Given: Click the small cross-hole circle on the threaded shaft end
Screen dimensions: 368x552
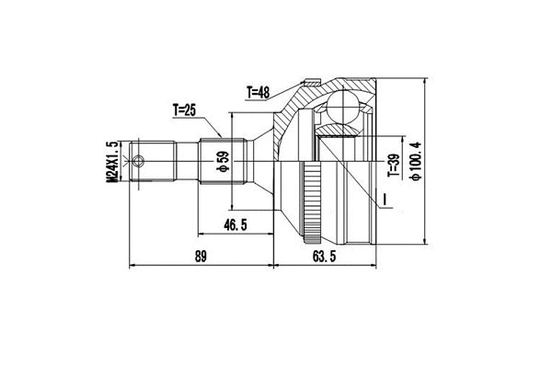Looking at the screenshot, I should click(139, 164).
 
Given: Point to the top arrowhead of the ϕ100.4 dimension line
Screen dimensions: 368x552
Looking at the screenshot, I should click(426, 83).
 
